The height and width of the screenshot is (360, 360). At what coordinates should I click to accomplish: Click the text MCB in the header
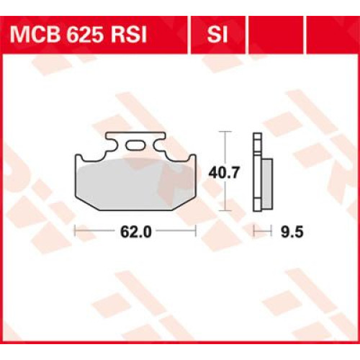click(x=35, y=35)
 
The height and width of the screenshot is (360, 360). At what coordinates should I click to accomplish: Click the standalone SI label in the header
click(x=217, y=35)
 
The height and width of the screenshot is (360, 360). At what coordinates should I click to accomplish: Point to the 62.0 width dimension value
click(x=136, y=232)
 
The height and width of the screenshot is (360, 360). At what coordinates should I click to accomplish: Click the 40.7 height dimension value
click(x=224, y=172)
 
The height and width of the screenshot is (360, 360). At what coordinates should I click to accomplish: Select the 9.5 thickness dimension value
click(x=292, y=232)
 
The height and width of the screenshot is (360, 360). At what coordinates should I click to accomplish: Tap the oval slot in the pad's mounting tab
click(x=135, y=145)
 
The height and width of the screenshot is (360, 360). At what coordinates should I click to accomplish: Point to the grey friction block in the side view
click(x=268, y=184)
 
